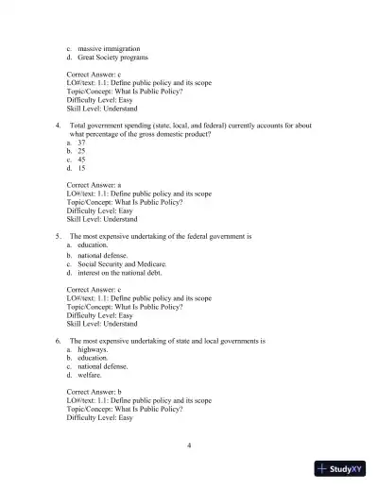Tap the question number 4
pyautogui.click(x=59, y=125)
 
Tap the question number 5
pyautogui.click(x=59, y=235)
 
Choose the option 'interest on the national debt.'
pyautogui.click(x=123, y=273)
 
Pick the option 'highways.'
pyautogui.click(x=94, y=348)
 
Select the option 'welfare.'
pyautogui.click(x=93, y=375)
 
